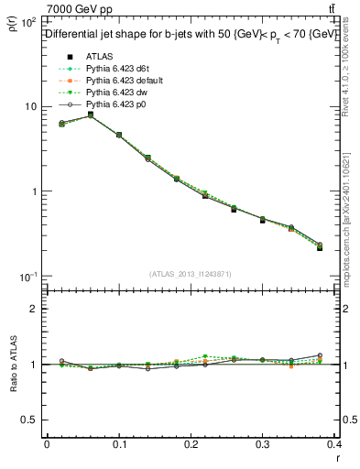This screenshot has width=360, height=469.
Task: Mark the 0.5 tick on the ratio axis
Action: click(31, 420)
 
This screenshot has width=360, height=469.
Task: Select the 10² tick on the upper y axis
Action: click(27, 21)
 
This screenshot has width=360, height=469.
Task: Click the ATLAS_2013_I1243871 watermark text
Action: click(191, 274)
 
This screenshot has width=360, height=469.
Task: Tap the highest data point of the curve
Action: click(90, 115)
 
